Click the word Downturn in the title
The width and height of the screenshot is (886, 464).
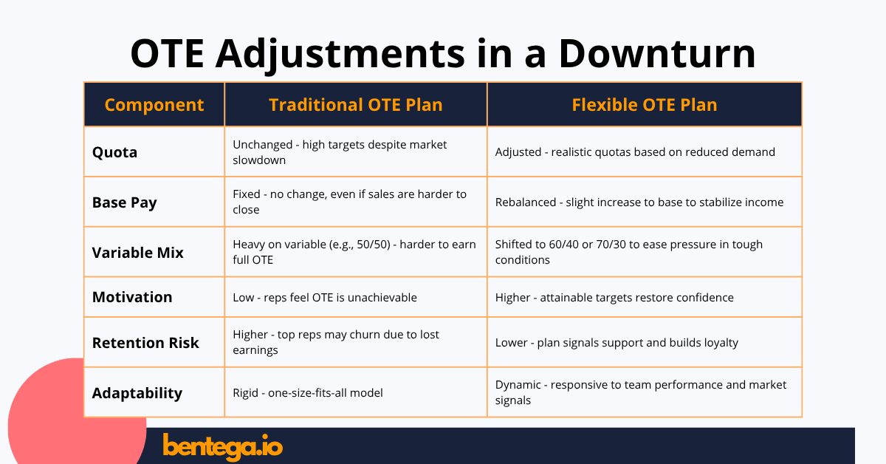(x=657, y=53)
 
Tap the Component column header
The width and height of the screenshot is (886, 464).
(x=154, y=105)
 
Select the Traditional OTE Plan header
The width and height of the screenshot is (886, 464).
(x=356, y=105)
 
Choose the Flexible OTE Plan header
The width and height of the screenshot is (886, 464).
(x=645, y=105)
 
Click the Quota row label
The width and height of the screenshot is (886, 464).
(x=114, y=152)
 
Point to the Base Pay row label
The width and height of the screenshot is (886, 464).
(x=125, y=202)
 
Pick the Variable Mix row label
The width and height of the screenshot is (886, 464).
(x=137, y=253)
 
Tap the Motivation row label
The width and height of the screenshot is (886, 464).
(x=132, y=297)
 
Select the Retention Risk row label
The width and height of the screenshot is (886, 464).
(x=145, y=343)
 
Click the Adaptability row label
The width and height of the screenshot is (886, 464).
(x=137, y=393)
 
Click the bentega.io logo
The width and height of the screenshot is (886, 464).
(x=223, y=447)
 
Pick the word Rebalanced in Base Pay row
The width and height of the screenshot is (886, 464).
(x=526, y=202)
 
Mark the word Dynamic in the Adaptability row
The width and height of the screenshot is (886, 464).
(x=518, y=385)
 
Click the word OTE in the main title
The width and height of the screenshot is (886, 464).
(x=168, y=53)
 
